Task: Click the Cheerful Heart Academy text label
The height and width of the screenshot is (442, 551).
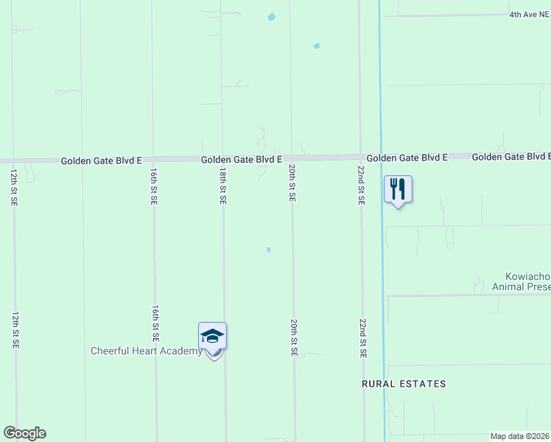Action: pos(146,351)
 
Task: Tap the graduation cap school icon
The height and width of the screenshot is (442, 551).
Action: pos(212,337)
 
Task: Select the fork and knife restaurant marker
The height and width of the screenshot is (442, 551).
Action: pos(398,189)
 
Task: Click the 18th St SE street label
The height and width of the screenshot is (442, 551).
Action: pos(222,185)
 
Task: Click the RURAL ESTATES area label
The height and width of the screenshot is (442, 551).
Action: pos(404,384)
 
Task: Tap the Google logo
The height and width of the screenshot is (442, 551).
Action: pos(24,433)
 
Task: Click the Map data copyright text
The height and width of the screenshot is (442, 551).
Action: pos(520,436)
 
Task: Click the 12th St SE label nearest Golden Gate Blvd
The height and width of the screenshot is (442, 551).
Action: pos(14,187)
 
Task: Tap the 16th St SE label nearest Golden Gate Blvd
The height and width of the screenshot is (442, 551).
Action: pos(153,185)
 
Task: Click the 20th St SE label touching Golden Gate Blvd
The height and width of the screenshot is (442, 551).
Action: pos(292,183)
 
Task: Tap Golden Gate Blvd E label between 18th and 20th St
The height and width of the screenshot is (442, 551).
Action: pos(242,159)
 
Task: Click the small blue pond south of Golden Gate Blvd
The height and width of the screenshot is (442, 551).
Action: pos(268,250)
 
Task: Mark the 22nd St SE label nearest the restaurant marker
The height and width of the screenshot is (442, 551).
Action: pos(361,185)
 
